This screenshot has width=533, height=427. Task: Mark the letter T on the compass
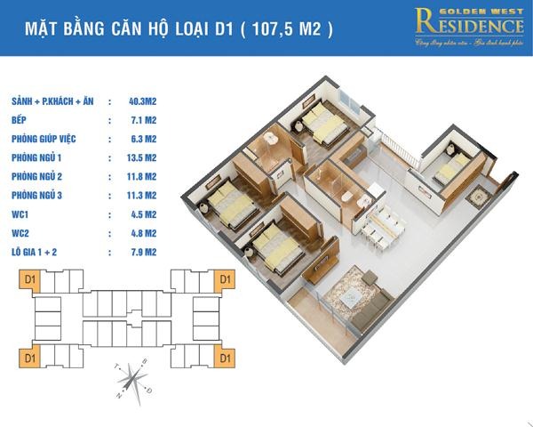pyautogui.click(x=116, y=367)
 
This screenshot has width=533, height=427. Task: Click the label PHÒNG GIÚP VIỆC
pyautogui.click(x=48, y=138)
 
